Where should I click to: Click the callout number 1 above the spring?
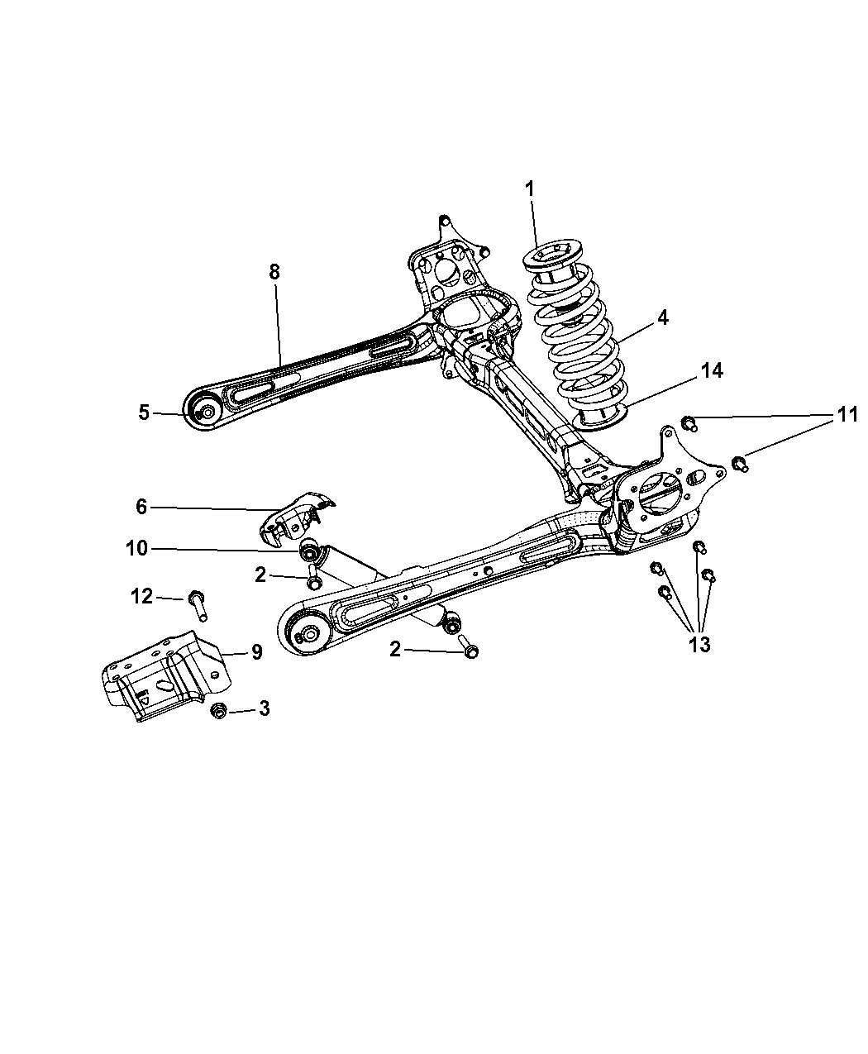529,189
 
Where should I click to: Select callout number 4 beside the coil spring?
662,317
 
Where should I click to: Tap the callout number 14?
712,370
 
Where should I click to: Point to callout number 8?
274,272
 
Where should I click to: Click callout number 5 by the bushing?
144,413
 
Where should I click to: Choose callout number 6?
141,506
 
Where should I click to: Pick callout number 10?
136,548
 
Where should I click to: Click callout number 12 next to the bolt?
141,596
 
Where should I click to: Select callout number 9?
257,651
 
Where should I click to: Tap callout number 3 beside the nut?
264,708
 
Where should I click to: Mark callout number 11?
847,414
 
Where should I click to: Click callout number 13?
699,644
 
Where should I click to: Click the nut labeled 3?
218,710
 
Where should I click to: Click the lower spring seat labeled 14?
601,417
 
